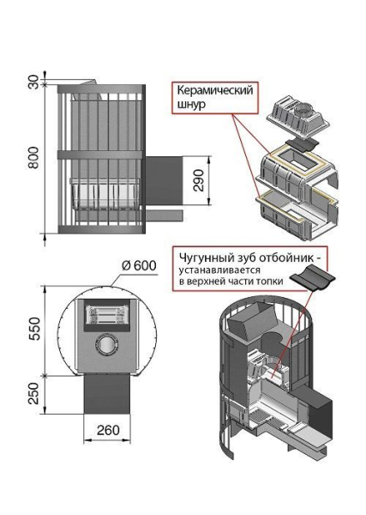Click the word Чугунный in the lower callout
tap(204, 255)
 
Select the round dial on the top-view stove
tap(107, 344)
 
